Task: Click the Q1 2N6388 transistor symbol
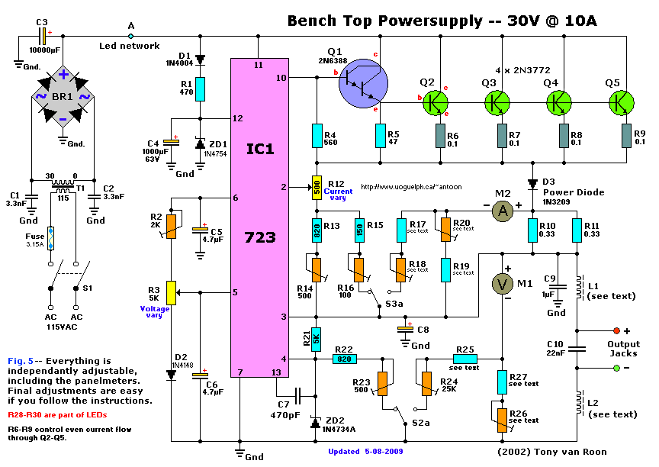(363, 83)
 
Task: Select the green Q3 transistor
(497, 102)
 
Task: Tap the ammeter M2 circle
(503, 211)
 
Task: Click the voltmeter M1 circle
(503, 284)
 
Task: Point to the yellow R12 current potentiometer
(317, 188)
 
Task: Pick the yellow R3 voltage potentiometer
(171, 292)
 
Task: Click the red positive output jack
(616, 331)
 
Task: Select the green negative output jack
(616, 369)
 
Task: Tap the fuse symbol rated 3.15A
(50, 239)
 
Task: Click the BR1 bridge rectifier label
(63, 97)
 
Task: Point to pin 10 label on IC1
(281, 77)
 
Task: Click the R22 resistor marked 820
(345, 359)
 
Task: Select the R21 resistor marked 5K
(316, 340)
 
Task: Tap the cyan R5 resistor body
(381, 136)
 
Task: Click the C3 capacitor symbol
(43, 37)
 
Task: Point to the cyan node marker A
(130, 37)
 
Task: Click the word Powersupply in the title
(430, 21)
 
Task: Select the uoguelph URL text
(411, 187)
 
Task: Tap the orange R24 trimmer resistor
(426, 384)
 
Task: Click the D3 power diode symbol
(532, 184)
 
